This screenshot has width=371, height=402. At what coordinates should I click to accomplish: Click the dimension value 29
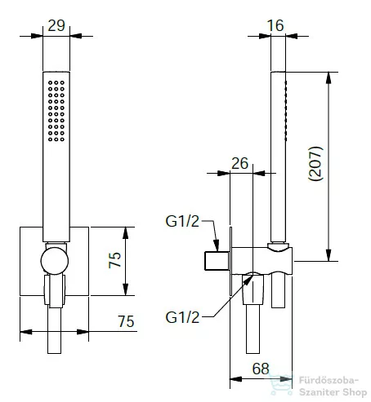coord(56,25)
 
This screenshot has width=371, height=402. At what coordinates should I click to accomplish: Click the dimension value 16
coord(275,25)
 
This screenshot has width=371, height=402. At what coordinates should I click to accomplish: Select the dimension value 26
coord(239,163)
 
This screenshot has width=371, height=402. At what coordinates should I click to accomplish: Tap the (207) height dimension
coord(315,163)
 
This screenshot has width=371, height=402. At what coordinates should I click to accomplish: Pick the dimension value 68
coord(261,369)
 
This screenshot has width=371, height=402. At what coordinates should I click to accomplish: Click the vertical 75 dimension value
coord(114,260)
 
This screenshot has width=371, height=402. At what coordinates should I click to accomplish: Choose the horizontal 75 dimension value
coord(126,321)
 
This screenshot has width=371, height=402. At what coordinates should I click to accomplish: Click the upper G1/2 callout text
coord(182,221)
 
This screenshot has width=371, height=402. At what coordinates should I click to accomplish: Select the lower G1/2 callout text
coord(182,317)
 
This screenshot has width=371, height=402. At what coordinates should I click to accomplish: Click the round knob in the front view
coord(55,261)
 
